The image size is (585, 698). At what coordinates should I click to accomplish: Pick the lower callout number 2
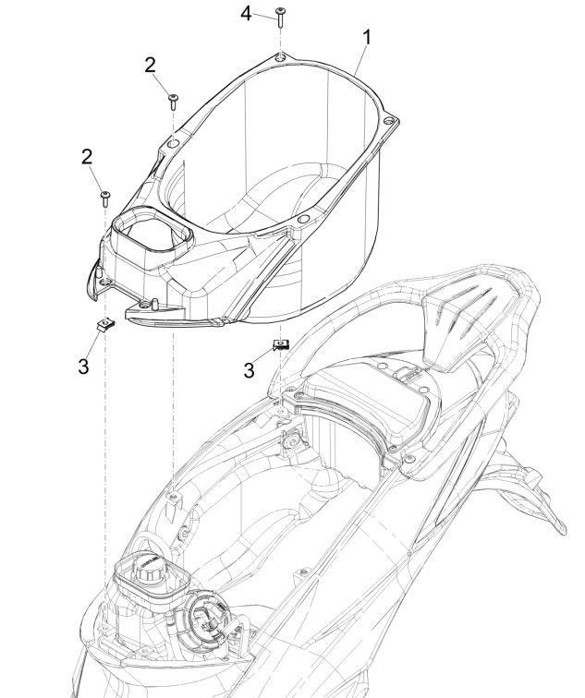[x=86, y=157]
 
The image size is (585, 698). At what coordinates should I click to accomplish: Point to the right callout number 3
[x=248, y=370]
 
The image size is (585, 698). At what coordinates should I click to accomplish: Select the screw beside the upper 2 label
[x=172, y=100]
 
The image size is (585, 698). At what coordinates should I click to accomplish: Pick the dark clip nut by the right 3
[x=280, y=344]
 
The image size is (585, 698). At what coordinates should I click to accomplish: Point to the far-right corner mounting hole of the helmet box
[x=392, y=121]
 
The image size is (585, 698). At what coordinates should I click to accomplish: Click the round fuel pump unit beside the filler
[x=208, y=616]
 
